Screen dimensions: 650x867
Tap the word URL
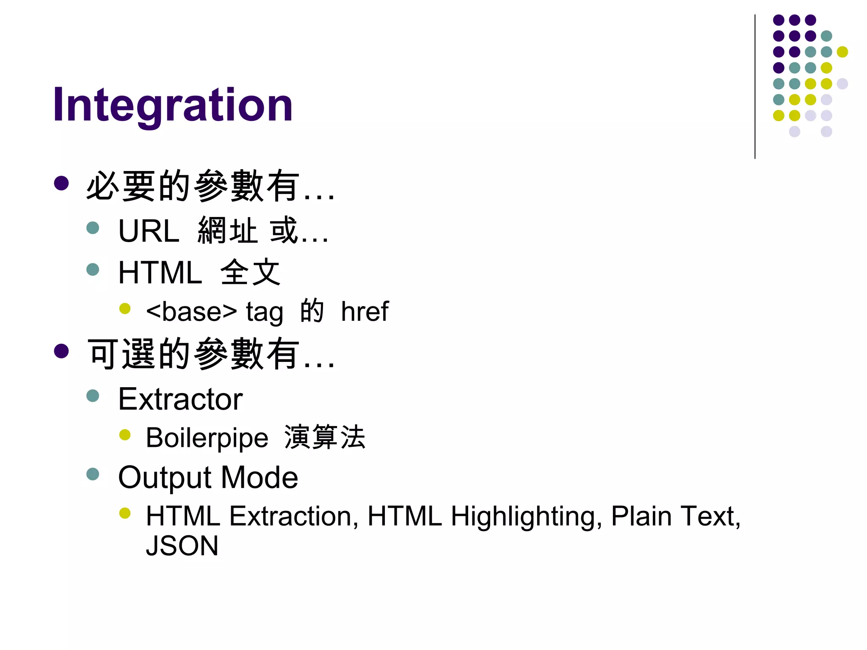click(x=149, y=231)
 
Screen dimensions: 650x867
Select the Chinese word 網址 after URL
click(x=227, y=231)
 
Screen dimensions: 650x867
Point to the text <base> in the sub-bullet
click(x=191, y=312)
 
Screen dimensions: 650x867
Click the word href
click(x=364, y=312)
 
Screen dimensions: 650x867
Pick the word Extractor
click(x=180, y=399)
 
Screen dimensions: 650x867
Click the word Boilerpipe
click(x=207, y=438)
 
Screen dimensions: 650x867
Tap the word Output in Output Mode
click(x=165, y=477)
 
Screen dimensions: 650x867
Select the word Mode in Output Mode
click(x=260, y=477)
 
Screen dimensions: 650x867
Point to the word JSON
click(x=182, y=546)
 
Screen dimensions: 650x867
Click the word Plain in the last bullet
click(x=641, y=517)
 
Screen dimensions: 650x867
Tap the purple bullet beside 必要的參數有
click(x=61, y=183)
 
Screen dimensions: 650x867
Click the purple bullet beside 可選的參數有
click(x=61, y=351)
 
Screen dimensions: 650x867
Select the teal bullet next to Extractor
click(x=93, y=396)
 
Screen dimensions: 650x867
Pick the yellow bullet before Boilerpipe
click(x=125, y=435)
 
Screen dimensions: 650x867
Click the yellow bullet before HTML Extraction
click(x=125, y=513)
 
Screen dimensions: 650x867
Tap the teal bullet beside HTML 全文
click(x=93, y=270)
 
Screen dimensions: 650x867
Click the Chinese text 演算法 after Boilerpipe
click(x=325, y=437)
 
